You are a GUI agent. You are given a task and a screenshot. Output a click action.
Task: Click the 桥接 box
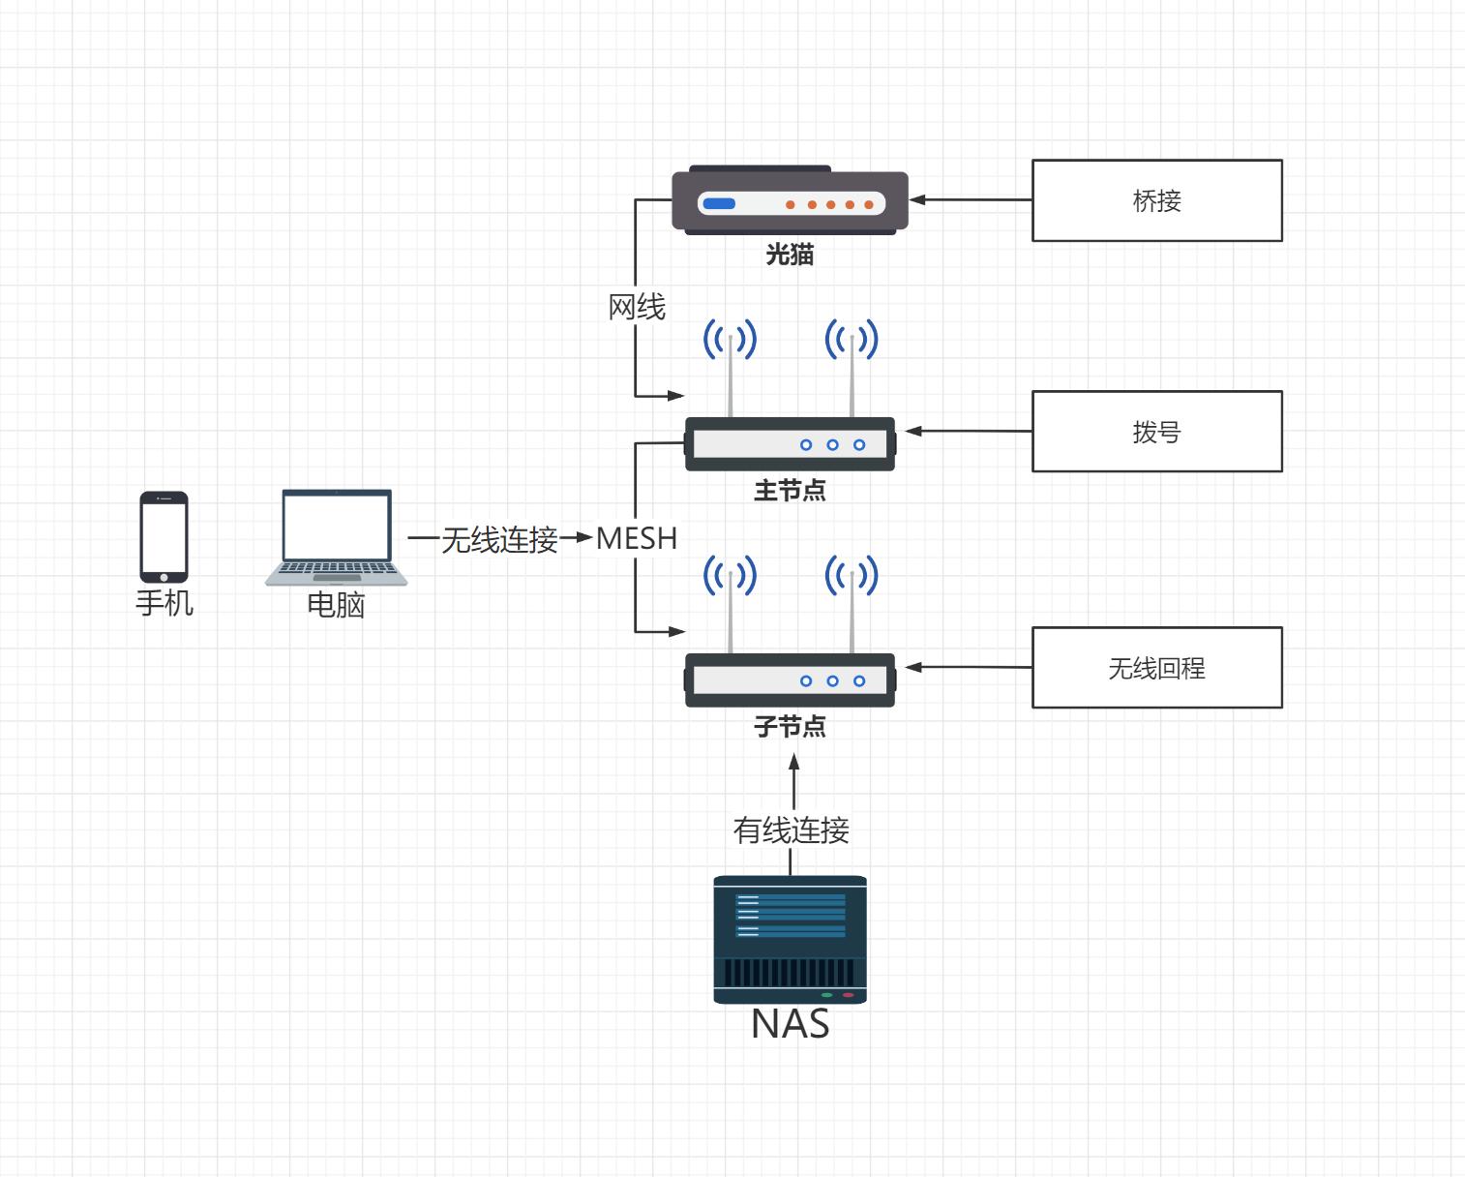point(1156,200)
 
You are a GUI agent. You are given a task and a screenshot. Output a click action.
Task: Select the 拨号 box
point(1156,432)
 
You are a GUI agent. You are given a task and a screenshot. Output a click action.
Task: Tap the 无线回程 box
point(1156,668)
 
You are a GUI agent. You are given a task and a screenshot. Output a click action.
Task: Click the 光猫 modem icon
point(790,201)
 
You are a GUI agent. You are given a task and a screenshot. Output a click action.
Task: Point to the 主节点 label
point(790,491)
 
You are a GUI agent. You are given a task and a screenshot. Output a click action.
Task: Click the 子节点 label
point(790,726)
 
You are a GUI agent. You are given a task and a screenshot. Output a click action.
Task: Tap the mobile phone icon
point(164,537)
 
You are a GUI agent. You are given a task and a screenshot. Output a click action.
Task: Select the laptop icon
point(337,537)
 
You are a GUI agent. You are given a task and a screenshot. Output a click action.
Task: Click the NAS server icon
point(790,939)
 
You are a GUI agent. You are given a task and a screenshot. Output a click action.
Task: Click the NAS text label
point(790,1024)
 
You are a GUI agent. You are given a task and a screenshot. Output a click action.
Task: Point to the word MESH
point(636,538)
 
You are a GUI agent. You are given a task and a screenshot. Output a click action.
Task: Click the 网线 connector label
point(636,308)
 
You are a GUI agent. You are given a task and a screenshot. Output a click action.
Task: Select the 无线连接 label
point(499,539)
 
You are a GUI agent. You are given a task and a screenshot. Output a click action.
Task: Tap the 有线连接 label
point(791,830)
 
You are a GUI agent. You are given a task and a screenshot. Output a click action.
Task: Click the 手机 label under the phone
point(164,603)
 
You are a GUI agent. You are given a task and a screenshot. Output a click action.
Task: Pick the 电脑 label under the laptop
point(336,605)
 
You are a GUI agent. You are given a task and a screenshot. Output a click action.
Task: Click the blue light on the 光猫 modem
point(719,204)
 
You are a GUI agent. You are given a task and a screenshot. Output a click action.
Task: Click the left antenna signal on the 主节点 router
point(730,340)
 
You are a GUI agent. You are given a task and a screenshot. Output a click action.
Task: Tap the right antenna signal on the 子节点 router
point(852,576)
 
